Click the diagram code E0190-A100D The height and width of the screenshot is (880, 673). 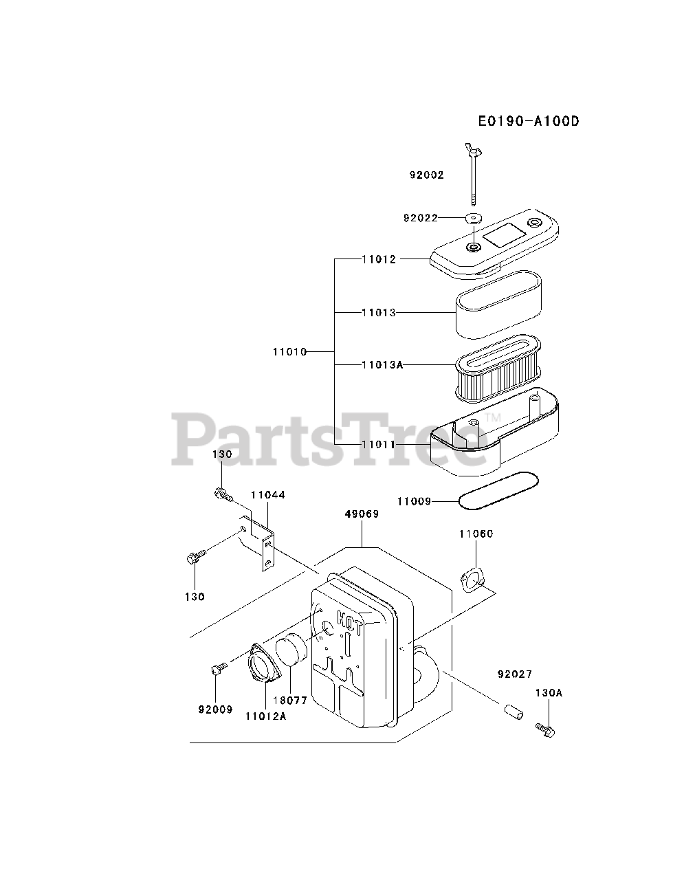pyautogui.click(x=529, y=122)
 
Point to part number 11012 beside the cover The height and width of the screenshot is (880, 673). pyautogui.click(x=379, y=259)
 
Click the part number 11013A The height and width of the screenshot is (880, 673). pyautogui.click(x=382, y=364)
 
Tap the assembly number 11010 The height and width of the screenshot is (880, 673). pyautogui.click(x=289, y=351)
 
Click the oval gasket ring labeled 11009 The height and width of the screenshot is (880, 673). pyautogui.click(x=498, y=492)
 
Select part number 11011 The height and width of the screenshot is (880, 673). pyautogui.click(x=379, y=445)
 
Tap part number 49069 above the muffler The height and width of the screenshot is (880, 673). pyautogui.click(x=362, y=514)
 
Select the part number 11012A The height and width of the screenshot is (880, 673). pyautogui.click(x=265, y=716)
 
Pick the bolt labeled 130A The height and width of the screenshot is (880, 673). pyautogui.click(x=546, y=730)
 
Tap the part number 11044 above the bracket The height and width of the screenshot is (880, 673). pyautogui.click(x=267, y=494)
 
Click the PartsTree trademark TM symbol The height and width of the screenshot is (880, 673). pyautogui.click(x=492, y=418)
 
